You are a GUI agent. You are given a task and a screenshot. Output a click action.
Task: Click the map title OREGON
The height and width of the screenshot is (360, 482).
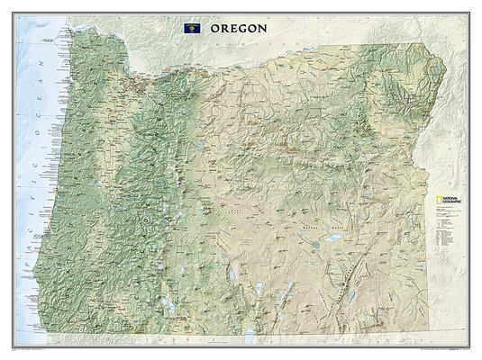click(239, 28)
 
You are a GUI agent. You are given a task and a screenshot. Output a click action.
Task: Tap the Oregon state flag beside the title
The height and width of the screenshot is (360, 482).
click(192, 29)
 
